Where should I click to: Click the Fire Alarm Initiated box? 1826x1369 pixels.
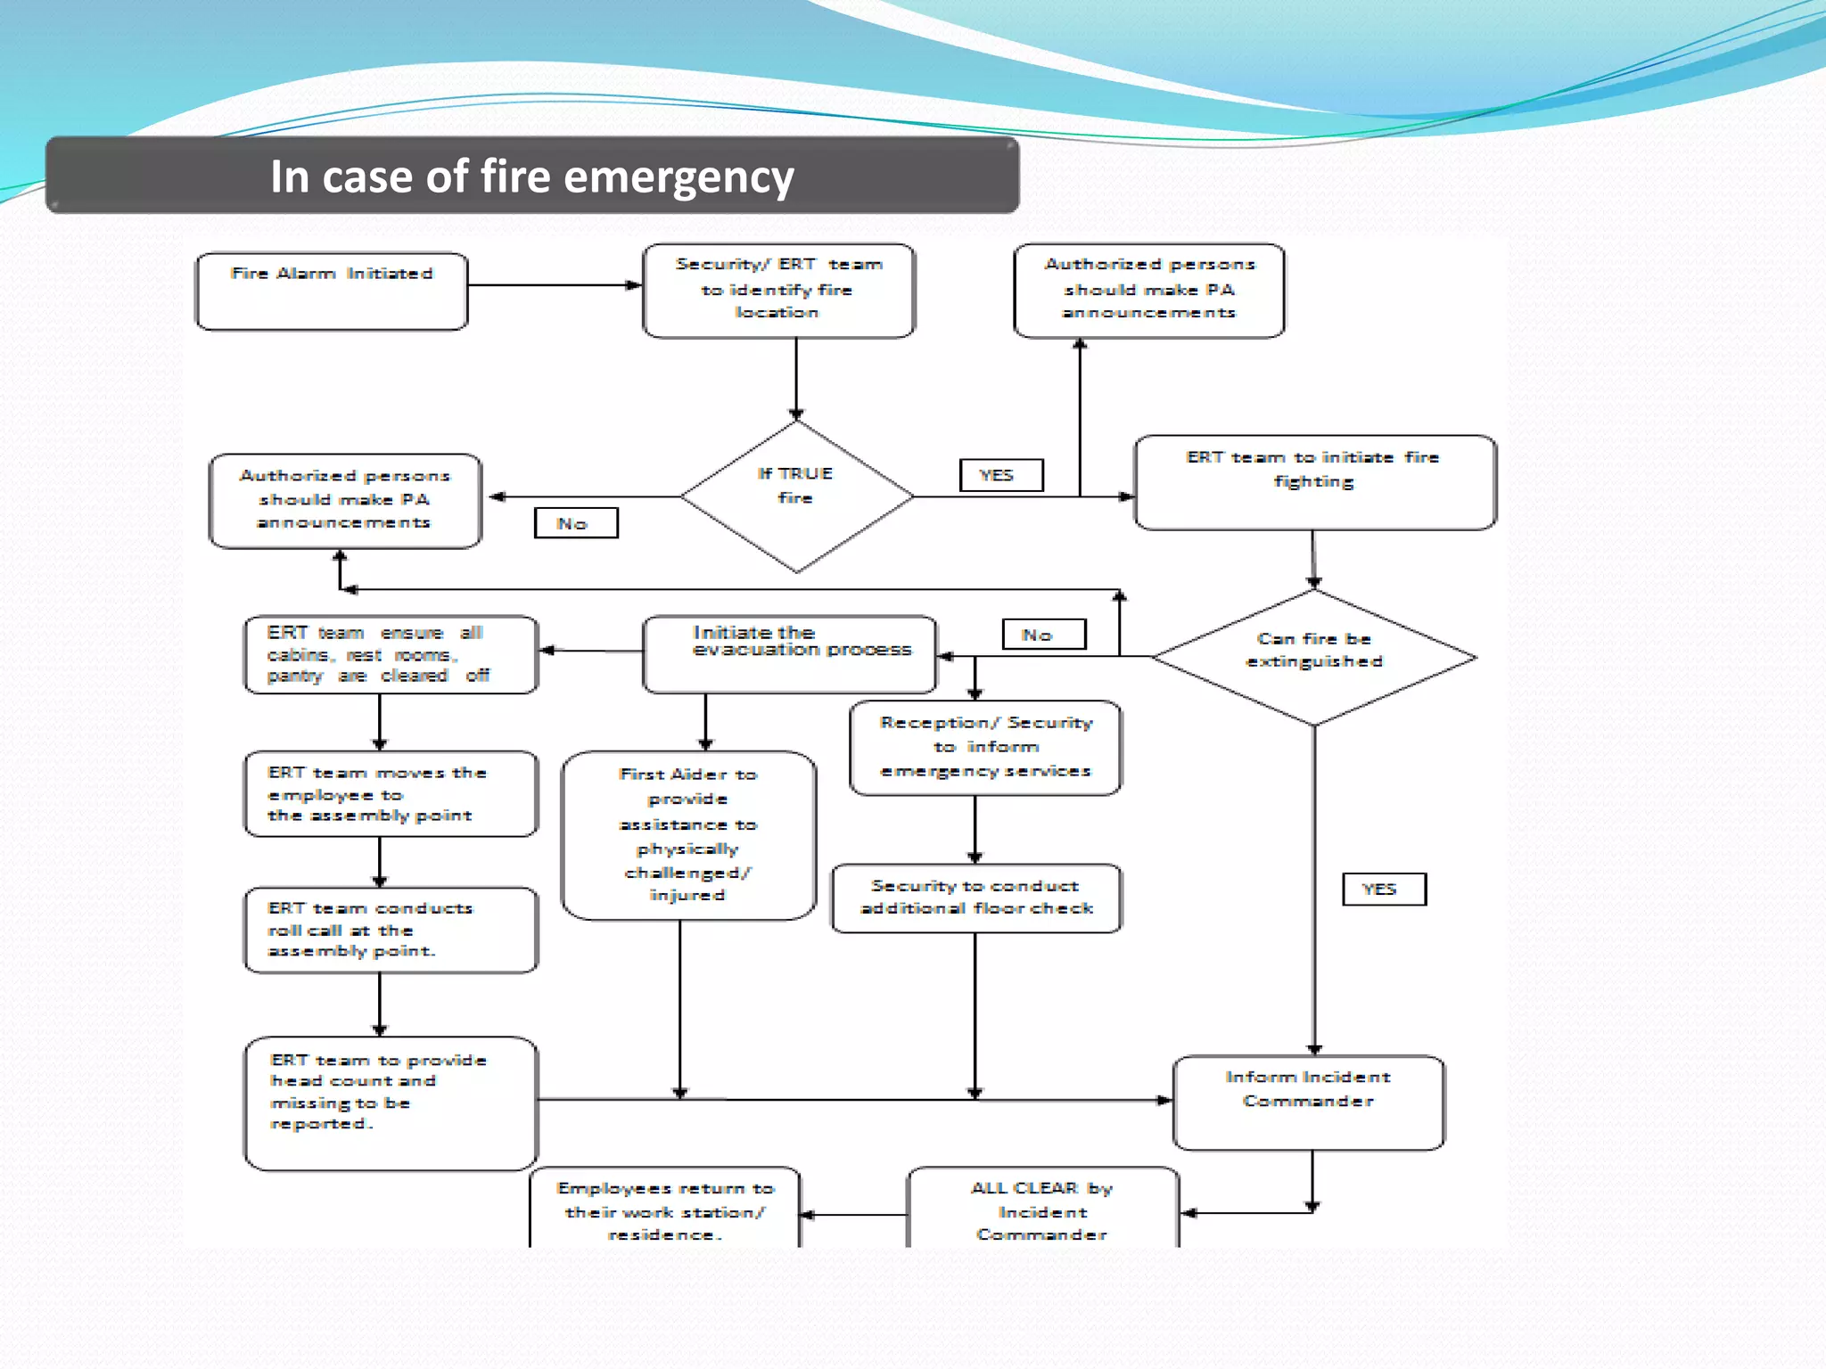click(x=332, y=291)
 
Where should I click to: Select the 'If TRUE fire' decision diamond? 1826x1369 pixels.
click(x=796, y=496)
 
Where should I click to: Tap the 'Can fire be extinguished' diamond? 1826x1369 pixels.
click(x=1313, y=657)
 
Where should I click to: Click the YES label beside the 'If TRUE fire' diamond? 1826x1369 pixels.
click(x=1000, y=475)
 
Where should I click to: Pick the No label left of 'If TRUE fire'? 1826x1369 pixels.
click(x=575, y=523)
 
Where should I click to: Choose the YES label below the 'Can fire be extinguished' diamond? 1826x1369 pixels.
click(x=1383, y=889)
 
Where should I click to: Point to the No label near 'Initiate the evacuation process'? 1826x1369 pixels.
click(x=1043, y=635)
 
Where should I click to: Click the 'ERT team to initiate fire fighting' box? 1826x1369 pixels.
click(x=1314, y=482)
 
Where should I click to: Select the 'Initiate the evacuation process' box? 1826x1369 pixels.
click(x=789, y=653)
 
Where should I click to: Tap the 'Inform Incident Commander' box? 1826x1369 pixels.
click(x=1308, y=1102)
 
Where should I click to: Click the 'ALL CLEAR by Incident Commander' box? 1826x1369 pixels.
click(x=1042, y=1210)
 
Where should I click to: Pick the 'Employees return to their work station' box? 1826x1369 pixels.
click(x=664, y=1210)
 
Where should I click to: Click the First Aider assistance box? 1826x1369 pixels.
click(x=688, y=835)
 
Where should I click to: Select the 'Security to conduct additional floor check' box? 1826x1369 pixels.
click(x=975, y=898)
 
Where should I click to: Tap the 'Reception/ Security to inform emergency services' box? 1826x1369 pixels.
click(x=985, y=747)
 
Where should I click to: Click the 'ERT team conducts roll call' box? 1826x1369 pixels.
click(x=391, y=930)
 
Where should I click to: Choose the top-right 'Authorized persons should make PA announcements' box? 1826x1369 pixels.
click(x=1148, y=290)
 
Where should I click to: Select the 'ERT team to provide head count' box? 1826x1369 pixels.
click(x=391, y=1102)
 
